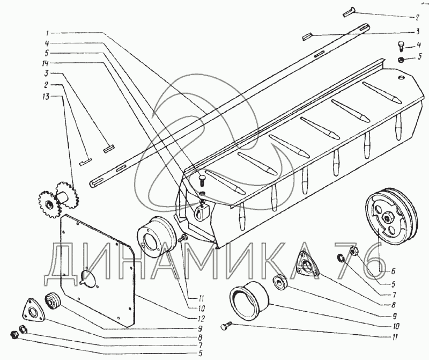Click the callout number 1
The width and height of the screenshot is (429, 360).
click(47, 33)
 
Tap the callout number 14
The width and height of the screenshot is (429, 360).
click(46, 64)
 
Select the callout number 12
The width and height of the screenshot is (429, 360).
click(202, 319)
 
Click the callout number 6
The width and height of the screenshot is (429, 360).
click(393, 271)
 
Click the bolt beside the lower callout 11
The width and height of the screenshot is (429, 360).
click(226, 325)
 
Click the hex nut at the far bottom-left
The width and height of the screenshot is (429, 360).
click(14, 334)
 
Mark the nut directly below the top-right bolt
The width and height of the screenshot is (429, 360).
click(401, 59)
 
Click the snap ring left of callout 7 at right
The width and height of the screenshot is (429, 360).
click(339, 258)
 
